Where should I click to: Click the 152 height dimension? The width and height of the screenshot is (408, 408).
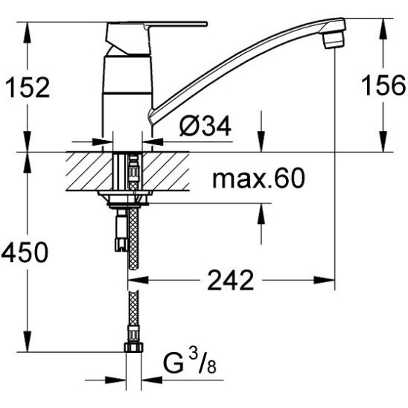pyautogui.click(x=28, y=87)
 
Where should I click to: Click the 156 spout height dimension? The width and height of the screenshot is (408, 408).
pyautogui.click(x=383, y=85)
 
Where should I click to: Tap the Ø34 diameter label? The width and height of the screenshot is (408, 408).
pyautogui.click(x=205, y=126)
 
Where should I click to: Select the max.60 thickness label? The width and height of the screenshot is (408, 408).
pyautogui.click(x=258, y=178)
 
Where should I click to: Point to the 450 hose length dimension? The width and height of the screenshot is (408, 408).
pyautogui.click(x=25, y=252)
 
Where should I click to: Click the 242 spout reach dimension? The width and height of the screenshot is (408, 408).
pyautogui.click(x=230, y=280)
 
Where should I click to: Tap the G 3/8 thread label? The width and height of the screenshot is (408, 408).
pyautogui.click(x=189, y=363)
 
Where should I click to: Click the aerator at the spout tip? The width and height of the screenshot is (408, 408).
pyautogui.click(x=334, y=39)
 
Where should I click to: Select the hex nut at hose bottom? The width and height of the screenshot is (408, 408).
pyautogui.click(x=133, y=347)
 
